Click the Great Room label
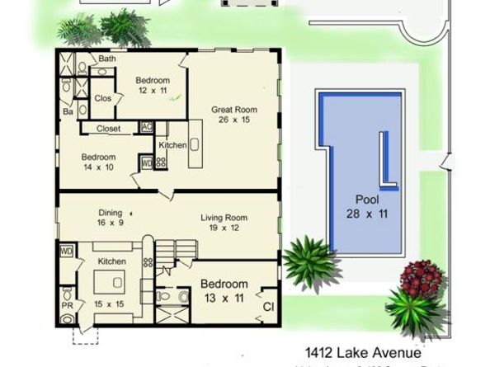pos(234,114)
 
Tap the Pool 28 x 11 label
pos(367,206)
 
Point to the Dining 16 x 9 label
pos(110,217)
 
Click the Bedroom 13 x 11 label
pos(224,289)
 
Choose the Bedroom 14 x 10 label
pos(98,162)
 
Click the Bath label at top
pos(107,59)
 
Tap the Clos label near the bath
pos(103,98)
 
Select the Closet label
pos(109,129)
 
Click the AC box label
pos(147,127)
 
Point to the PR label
pos(67,315)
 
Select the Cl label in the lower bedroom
pos(268,308)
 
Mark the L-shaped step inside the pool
pos(385,165)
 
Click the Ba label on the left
pos(68,111)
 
